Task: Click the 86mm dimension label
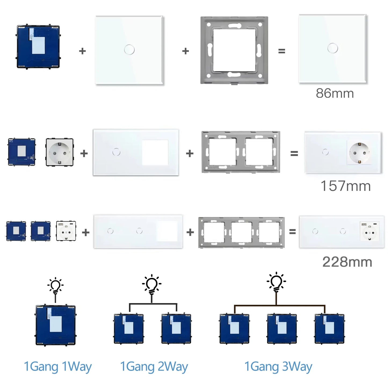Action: pos(335,93)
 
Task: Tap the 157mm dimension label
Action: pos(346,186)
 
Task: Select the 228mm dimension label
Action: pos(347,262)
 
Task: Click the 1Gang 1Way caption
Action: pos(58,367)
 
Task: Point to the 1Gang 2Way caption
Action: pos(154,367)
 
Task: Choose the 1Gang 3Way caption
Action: pos(278,367)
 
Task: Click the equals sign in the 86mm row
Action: pos(281,51)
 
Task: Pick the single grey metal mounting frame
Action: pos(234,50)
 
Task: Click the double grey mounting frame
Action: pos(241,152)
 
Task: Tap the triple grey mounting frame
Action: pos(241,233)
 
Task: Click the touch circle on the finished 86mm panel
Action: pos(333,48)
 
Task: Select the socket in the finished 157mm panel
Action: pos(360,153)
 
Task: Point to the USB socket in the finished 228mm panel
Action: pos(369,231)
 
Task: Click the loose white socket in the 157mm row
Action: pos(60,152)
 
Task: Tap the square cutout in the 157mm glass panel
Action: pos(155,152)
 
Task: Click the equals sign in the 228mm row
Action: pos(292,231)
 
